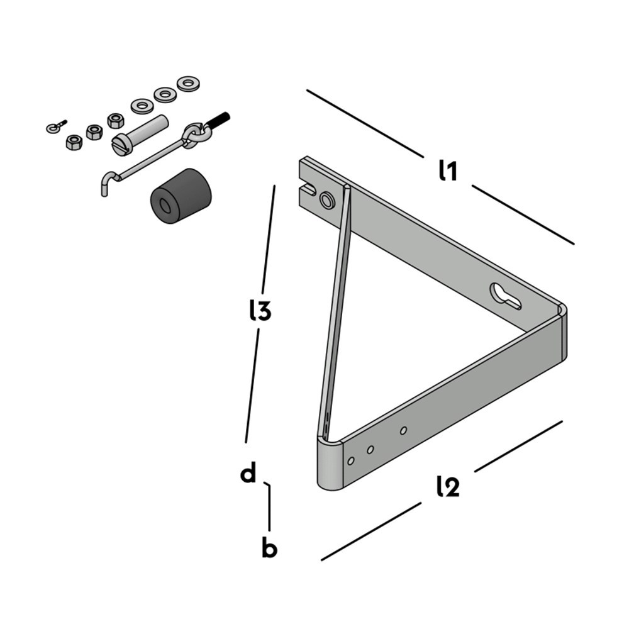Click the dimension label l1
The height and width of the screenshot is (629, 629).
pos(447,171)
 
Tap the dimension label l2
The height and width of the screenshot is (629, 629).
pos(447,487)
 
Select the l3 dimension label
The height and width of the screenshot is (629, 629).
pos(259,311)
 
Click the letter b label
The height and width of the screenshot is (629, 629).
pos(269,548)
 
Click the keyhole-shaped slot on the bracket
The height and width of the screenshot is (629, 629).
pos(505,296)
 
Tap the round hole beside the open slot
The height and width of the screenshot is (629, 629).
pos(327,200)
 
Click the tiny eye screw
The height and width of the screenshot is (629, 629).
pos(55,128)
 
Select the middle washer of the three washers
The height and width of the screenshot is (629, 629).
pos(164,94)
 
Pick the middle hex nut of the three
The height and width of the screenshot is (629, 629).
pos(94,132)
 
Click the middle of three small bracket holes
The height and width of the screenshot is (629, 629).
pos(370,449)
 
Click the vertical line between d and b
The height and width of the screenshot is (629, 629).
pos(269,507)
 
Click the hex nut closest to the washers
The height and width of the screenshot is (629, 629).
pos(115,120)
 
